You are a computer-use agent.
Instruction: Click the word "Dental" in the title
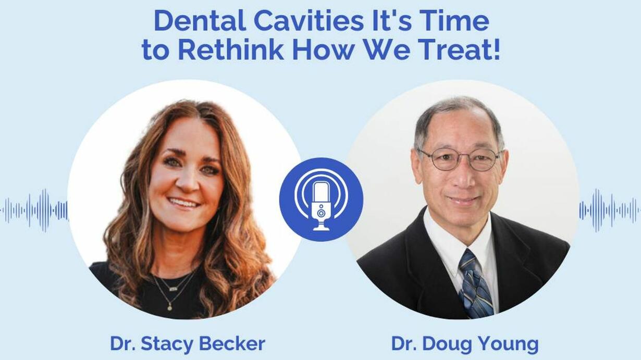click(x=200, y=21)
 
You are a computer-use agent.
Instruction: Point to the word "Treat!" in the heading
click(x=457, y=50)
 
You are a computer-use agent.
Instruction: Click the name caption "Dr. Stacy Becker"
click(x=188, y=344)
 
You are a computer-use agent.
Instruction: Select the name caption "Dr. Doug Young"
click(x=465, y=344)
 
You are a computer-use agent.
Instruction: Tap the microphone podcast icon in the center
click(x=321, y=200)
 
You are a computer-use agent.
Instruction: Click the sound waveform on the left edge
click(x=34, y=210)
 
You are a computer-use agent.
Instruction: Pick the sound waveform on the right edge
click(x=610, y=210)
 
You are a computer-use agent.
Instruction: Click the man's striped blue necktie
click(x=475, y=283)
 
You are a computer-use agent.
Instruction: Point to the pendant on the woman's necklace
click(x=170, y=308)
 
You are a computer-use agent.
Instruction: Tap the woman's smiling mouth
click(x=183, y=203)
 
